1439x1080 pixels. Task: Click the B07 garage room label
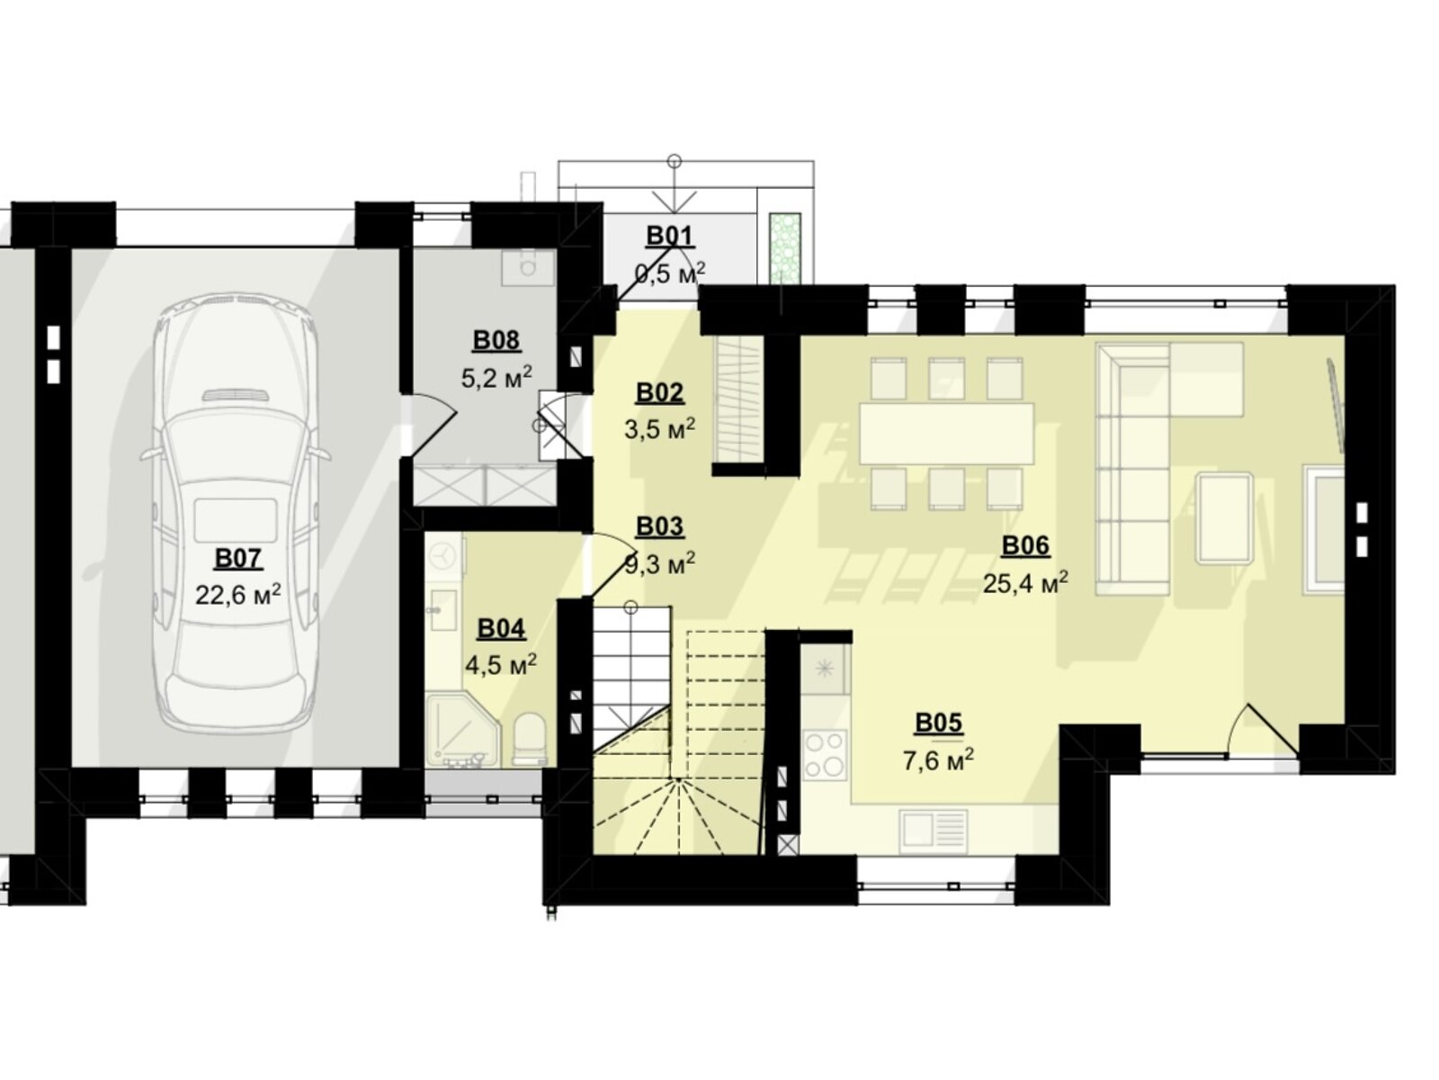click(x=238, y=559)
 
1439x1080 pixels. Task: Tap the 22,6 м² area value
click(x=238, y=595)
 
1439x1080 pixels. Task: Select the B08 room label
click(x=496, y=340)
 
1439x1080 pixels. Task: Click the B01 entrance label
click(x=669, y=236)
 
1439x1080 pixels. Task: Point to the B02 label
click(x=659, y=392)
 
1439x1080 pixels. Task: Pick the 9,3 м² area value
click(x=659, y=562)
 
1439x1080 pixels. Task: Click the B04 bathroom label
click(x=501, y=628)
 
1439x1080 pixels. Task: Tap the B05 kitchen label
click(x=939, y=723)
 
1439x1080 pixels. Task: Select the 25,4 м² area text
click(x=1025, y=581)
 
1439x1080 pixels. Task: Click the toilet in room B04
click(x=529, y=739)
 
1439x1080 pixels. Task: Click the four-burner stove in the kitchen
click(x=825, y=755)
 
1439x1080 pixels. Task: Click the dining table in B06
click(x=947, y=434)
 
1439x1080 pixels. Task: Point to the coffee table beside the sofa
click(x=1224, y=518)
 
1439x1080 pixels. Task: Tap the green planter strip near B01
click(x=785, y=248)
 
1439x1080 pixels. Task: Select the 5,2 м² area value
click(x=496, y=377)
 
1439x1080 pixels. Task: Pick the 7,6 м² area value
click(x=938, y=760)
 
